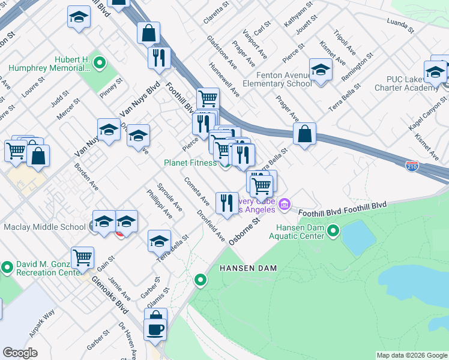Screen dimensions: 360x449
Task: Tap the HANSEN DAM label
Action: click(248, 268)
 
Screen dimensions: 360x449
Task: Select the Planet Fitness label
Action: click(190, 163)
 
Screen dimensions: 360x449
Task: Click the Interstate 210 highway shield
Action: click(412, 165)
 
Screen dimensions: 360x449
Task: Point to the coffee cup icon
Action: click(155, 329)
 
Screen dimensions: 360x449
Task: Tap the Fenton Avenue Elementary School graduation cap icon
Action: click(321, 70)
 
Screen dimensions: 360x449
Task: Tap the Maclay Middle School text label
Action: click(44, 227)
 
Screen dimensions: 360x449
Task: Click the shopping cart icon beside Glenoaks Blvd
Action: click(82, 258)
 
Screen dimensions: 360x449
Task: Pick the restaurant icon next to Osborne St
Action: click(226, 203)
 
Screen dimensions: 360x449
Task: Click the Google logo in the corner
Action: click(20, 353)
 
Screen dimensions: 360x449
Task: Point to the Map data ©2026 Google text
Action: click(411, 355)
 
